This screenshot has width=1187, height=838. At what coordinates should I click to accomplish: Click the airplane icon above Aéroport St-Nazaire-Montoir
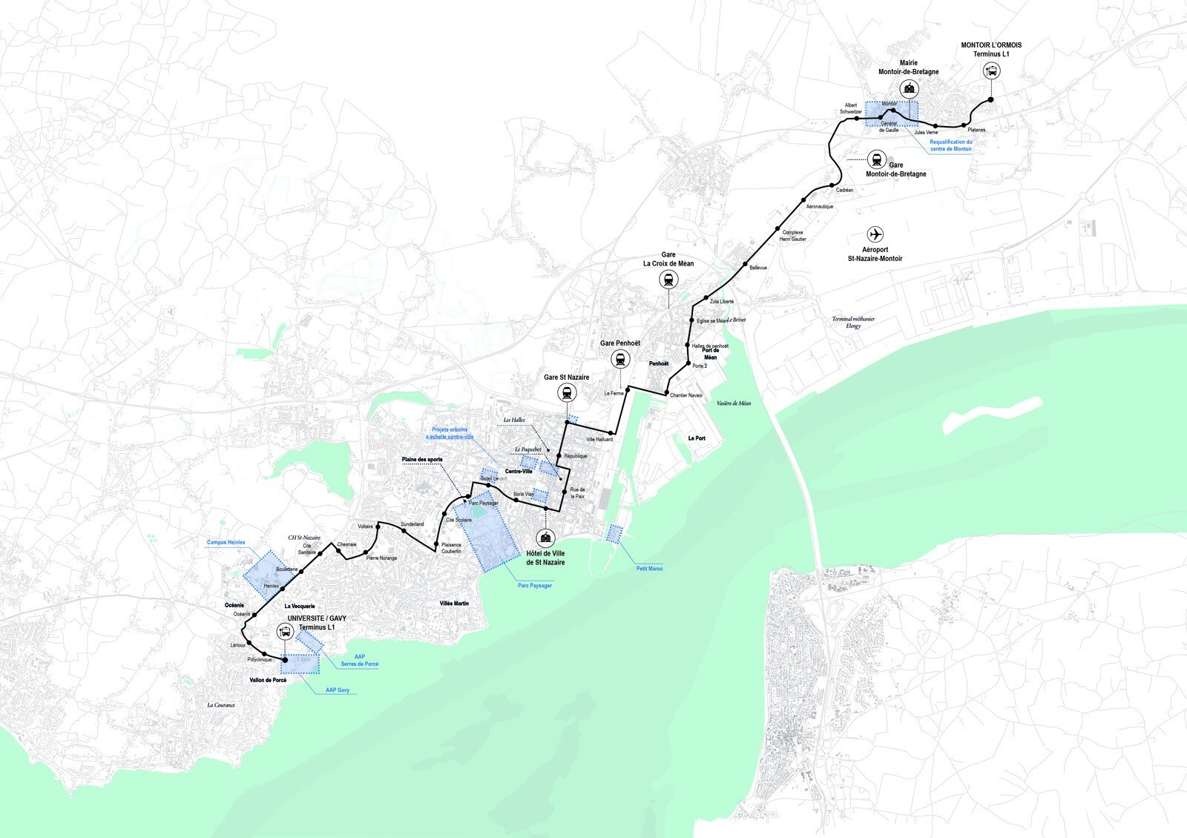[x=875, y=234]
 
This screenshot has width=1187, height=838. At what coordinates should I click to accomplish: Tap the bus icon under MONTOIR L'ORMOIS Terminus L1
[x=991, y=71]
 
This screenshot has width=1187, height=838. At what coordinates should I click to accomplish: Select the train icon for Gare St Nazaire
[x=567, y=394]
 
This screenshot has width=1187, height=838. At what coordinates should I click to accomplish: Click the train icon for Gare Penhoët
[x=619, y=360]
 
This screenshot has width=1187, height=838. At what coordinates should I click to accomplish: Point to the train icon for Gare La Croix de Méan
[x=669, y=280]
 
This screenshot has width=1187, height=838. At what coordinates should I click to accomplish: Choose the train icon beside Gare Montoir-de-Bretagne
[x=877, y=159]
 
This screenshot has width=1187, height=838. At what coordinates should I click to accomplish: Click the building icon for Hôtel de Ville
[x=546, y=537]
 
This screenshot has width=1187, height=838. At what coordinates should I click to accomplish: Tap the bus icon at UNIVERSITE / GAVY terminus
[x=285, y=632]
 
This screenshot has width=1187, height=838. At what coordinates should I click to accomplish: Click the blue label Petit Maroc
[x=649, y=569]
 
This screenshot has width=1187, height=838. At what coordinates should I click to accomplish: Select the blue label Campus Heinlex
[x=226, y=542]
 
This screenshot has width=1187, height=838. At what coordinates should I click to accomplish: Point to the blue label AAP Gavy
[x=337, y=690]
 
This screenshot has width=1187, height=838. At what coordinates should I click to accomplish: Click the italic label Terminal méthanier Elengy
[x=853, y=323]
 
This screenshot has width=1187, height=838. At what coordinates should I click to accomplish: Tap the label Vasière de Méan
[x=733, y=403]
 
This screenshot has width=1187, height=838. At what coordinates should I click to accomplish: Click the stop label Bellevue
[x=758, y=268]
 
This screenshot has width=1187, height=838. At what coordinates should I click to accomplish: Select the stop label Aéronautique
[x=819, y=206]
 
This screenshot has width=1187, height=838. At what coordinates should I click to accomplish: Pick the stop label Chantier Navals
[x=685, y=395]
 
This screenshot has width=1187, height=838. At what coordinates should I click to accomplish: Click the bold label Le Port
[x=697, y=438]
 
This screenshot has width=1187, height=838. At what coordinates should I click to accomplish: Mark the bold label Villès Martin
[x=454, y=604]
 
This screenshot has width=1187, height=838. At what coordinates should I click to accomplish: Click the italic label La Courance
[x=221, y=705]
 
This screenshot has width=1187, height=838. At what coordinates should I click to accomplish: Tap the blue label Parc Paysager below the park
[x=534, y=586]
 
